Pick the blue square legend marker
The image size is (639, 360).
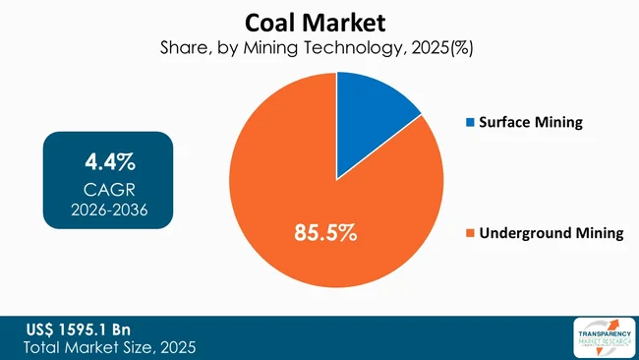coord(470,123)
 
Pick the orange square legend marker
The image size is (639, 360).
coord(470,234)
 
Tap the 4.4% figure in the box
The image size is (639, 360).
coord(108,159)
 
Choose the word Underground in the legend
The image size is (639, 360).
coord(525,233)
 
